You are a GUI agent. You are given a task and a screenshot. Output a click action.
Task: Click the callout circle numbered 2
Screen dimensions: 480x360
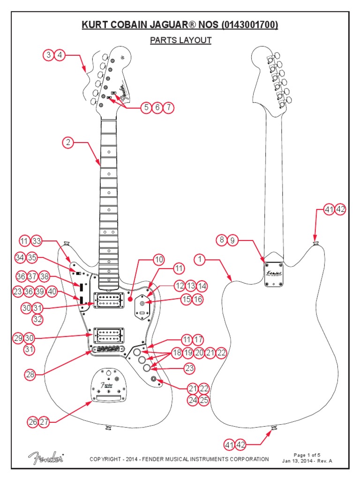point(68,142)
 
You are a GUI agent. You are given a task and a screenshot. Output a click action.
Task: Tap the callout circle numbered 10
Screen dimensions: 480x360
point(159,259)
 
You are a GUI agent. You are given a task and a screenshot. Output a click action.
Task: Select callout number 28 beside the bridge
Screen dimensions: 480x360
point(30,375)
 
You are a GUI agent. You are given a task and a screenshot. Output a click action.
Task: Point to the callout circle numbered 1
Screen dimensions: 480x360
point(200,259)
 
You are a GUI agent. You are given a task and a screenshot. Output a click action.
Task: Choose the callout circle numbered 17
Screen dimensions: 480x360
point(198,339)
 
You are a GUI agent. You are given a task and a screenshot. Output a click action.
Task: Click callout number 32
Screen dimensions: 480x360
point(38,320)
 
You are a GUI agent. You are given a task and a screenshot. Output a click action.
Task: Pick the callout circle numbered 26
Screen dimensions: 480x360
point(32,422)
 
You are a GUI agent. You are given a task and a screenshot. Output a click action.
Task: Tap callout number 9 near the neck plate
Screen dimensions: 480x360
point(232,240)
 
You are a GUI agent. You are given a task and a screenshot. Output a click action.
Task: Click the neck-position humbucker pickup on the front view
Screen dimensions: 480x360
point(109,300)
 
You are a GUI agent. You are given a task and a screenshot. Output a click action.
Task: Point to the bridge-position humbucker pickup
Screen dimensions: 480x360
point(109,335)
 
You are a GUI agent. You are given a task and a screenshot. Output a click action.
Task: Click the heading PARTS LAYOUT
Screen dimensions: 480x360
point(180,40)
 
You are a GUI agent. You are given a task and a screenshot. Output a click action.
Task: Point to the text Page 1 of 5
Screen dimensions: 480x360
point(307,455)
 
